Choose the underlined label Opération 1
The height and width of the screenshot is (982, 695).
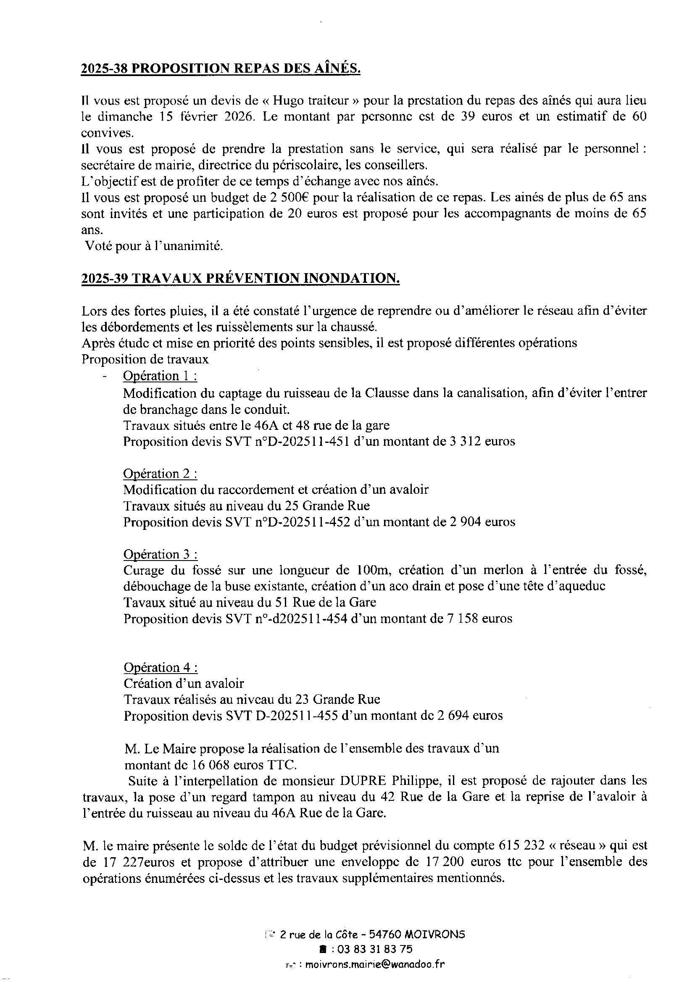point(160,376)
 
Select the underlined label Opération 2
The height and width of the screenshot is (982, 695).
point(160,474)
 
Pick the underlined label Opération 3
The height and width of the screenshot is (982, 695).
point(160,555)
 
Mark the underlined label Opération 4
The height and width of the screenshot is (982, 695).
point(160,668)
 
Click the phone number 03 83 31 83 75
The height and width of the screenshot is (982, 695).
point(375,950)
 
